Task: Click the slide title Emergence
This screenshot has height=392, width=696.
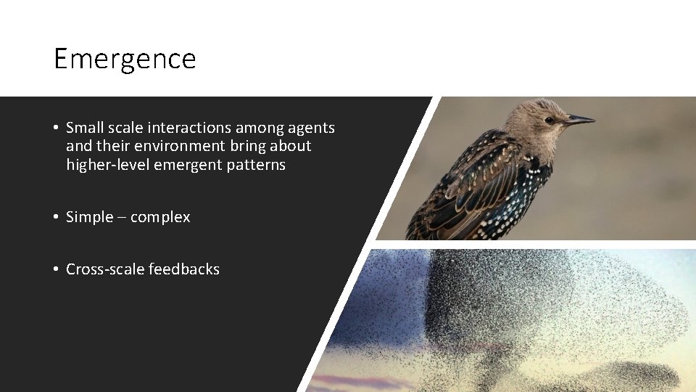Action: click(125, 59)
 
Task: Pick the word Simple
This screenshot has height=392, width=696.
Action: click(90, 217)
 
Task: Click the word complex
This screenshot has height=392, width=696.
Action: click(160, 218)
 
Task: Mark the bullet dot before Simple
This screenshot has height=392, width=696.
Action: click(56, 217)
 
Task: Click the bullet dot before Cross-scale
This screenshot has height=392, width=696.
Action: click(56, 269)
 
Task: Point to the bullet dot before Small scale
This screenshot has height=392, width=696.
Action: click(56, 128)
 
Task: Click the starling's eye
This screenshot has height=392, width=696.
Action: click(549, 120)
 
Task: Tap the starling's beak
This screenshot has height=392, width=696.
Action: click(579, 120)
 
